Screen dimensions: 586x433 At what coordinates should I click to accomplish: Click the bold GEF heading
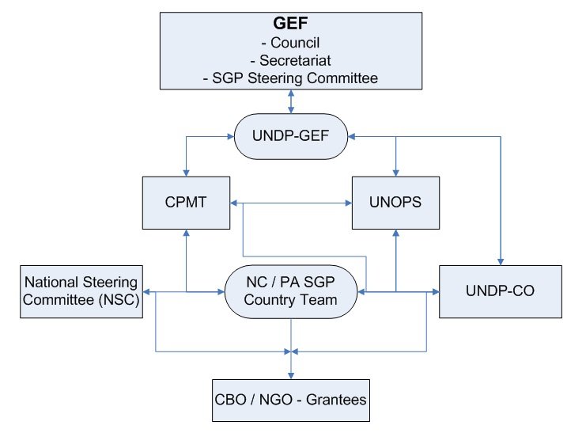[x=290, y=23]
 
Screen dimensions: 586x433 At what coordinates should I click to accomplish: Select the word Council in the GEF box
[x=295, y=43]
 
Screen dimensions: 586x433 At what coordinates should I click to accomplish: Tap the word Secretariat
[x=295, y=60]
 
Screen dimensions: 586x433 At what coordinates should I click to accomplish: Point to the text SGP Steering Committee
[x=295, y=78]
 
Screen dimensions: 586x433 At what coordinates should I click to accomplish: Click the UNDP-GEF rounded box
[x=291, y=136]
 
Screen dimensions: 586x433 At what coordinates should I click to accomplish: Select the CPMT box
[x=186, y=203]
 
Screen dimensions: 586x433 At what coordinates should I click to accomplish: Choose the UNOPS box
[x=395, y=203]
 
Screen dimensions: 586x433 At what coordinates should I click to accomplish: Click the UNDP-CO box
[x=501, y=291]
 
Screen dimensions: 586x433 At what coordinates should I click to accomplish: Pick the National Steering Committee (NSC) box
[x=81, y=291]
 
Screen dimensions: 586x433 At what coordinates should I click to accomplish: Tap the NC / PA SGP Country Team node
[x=291, y=291]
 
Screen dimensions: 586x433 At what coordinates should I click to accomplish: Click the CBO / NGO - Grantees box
[x=291, y=401]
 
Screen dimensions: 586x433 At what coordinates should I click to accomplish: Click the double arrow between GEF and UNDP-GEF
[x=291, y=101]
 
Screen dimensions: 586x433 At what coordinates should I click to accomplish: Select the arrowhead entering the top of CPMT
[x=186, y=173]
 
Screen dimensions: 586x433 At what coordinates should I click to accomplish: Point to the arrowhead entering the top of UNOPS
[x=395, y=173]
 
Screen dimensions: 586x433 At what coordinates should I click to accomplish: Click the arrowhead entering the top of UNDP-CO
[x=501, y=262]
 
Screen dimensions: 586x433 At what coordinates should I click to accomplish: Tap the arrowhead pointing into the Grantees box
[x=291, y=376]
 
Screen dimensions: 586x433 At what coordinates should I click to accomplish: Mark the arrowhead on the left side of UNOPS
[x=349, y=203]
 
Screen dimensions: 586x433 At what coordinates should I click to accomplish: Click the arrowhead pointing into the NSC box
[x=146, y=291]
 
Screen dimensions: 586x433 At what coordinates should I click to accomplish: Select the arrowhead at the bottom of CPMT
[x=186, y=233]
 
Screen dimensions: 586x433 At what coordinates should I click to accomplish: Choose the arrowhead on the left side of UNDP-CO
[x=436, y=291]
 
